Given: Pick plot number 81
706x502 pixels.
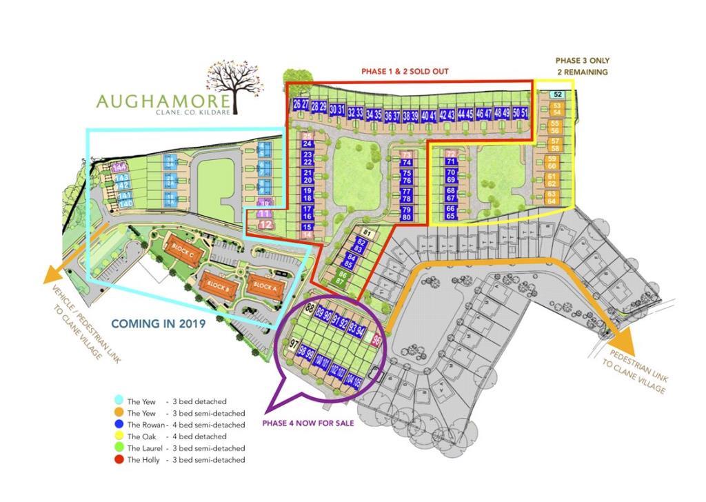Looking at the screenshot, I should pos(367,232).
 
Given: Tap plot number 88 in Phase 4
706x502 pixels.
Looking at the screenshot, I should pos(310,308).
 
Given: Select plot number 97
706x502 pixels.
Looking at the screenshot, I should pos(293,343).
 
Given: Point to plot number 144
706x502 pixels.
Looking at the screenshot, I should pos(120,168).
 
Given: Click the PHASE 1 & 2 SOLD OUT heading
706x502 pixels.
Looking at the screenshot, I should pos(411,71).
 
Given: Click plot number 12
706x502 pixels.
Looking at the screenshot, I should pos(265,225).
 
